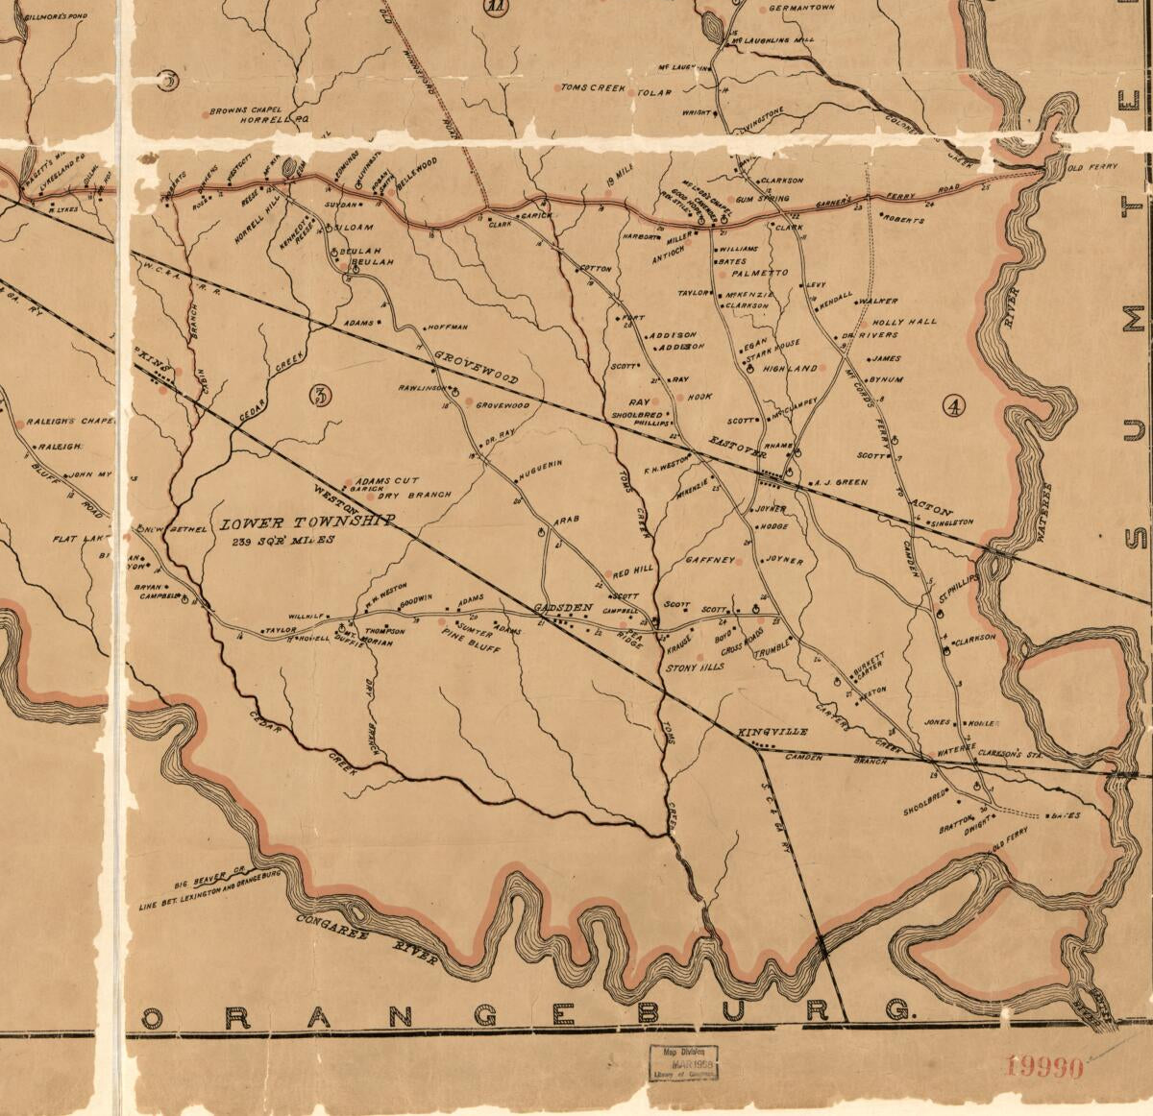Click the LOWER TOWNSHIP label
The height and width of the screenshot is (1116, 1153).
pyautogui.click(x=308, y=523)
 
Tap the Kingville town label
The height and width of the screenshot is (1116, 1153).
pyautogui.click(x=773, y=732)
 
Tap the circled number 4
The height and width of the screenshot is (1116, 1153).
pyautogui.click(x=953, y=407)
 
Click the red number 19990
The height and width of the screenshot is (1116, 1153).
pyautogui.click(x=1044, y=1065)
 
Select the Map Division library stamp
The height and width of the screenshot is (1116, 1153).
pyautogui.click(x=681, y=1063)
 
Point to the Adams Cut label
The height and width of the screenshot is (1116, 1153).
pyautogui.click(x=388, y=480)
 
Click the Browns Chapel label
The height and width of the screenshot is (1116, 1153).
pyautogui.click(x=246, y=109)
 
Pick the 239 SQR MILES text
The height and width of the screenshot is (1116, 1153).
pyautogui.click(x=282, y=542)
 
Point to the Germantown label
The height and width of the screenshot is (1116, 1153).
pyautogui.click(x=810, y=9)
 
